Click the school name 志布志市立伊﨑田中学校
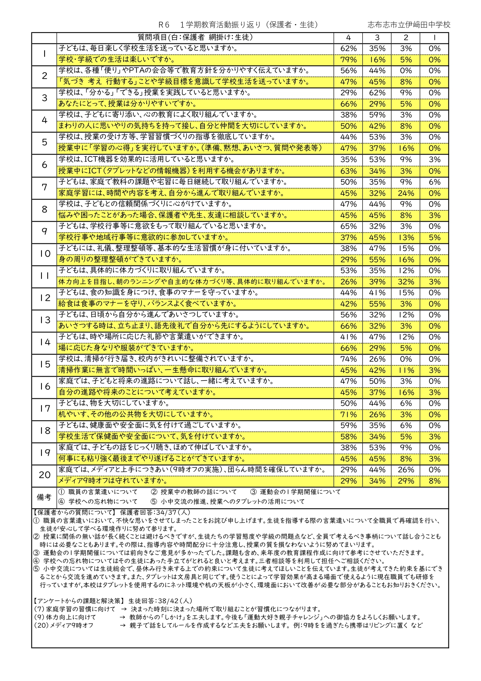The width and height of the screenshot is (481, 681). coord(409,25)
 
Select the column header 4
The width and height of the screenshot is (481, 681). coord(348,38)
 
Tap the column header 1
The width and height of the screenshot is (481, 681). coord(434,38)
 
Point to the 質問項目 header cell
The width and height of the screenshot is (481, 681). coord(195,37)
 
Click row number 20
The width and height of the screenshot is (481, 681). coord(44,475)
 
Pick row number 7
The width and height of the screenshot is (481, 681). coord(44,187)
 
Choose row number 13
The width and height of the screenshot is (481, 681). coord(44,320)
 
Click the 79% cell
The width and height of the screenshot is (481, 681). coord(348,60)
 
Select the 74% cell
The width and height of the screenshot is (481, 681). coord(348,359)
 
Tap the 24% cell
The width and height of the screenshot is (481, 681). coord(406,193)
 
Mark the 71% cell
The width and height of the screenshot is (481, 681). coord(348,414)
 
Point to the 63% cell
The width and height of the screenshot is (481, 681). coord(348,171)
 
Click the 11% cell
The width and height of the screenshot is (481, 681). coord(406,370)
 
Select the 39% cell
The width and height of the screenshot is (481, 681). coord(377,282)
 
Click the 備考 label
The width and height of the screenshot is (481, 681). coord(44,497)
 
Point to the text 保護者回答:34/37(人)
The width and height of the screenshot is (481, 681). coord(155,512)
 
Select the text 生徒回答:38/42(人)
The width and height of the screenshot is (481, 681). coord(160,601)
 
